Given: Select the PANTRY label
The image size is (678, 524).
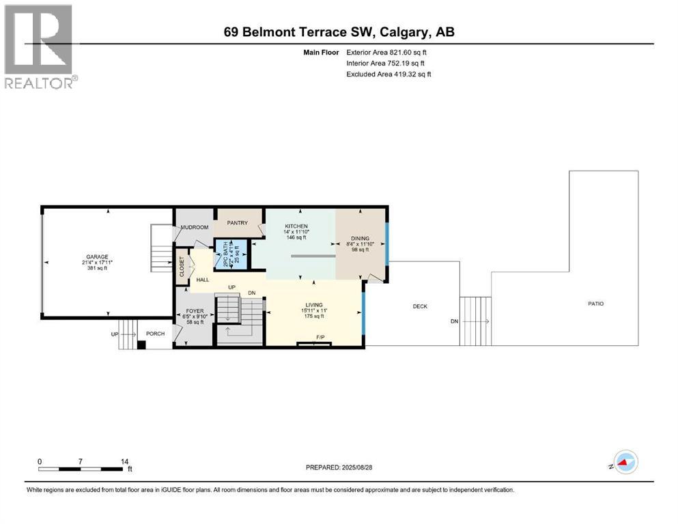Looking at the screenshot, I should (238, 222).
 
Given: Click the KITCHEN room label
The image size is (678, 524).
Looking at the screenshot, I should (296, 227).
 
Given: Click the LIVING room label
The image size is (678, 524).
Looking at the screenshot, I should (314, 305).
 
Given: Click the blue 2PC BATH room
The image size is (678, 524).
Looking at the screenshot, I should (230, 254).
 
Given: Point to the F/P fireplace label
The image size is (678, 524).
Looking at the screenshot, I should (320, 338).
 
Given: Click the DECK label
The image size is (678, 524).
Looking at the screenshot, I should (420, 306).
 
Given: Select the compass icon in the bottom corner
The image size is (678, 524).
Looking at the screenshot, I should (624, 464).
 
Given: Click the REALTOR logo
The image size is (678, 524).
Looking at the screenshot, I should (40, 46).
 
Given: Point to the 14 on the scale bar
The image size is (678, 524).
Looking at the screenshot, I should (124, 462).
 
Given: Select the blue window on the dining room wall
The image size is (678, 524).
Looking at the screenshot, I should (386, 244).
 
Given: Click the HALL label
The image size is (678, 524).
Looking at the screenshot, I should (203, 280).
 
